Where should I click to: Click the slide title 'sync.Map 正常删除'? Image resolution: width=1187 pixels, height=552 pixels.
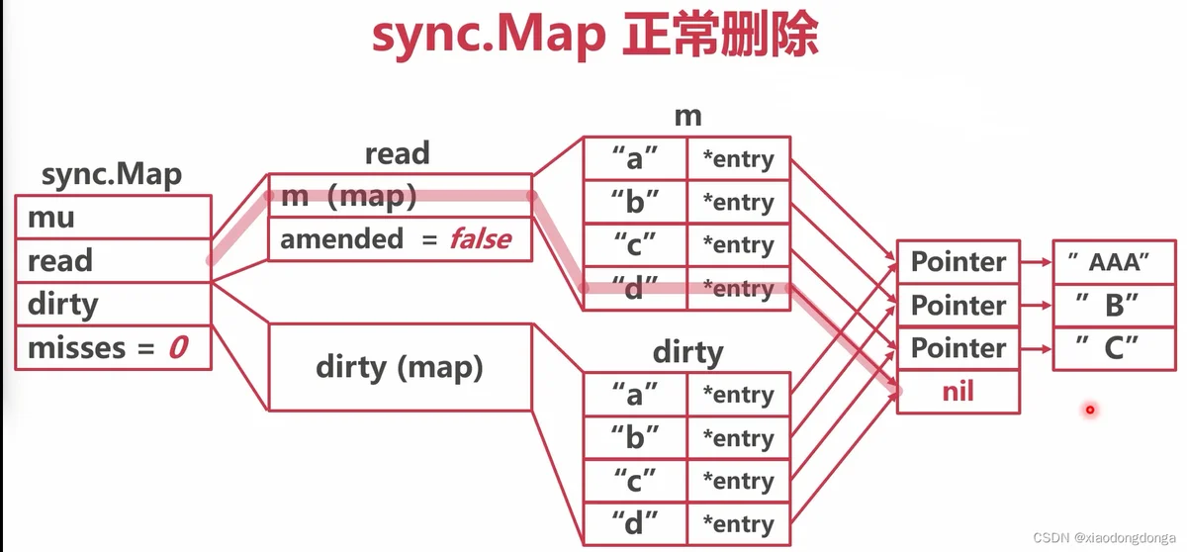(x=595, y=35)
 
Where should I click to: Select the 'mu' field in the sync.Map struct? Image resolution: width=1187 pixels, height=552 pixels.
(x=114, y=218)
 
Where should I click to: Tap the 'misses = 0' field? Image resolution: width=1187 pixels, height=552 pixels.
(x=114, y=347)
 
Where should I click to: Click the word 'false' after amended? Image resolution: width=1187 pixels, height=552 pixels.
(x=481, y=239)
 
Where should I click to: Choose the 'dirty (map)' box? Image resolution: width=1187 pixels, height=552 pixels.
(x=400, y=367)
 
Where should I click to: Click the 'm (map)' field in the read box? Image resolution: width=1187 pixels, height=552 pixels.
(x=400, y=196)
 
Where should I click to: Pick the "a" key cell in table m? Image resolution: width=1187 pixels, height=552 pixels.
(x=635, y=158)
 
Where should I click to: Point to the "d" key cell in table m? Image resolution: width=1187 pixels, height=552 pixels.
(x=635, y=288)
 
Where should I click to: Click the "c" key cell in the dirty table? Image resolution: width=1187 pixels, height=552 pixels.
(x=635, y=481)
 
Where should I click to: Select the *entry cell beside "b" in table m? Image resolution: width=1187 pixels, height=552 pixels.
(x=739, y=202)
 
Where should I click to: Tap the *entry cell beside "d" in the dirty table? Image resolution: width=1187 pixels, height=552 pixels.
(x=739, y=524)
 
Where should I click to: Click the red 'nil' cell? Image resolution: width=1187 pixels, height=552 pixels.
(x=959, y=392)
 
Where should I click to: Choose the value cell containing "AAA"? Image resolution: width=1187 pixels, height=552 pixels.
(x=1115, y=262)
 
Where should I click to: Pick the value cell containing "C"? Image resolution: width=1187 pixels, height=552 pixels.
(x=1115, y=348)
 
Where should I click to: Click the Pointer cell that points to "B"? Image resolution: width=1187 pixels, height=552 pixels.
(x=959, y=305)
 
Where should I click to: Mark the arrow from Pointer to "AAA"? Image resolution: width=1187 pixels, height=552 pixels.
(x=1037, y=262)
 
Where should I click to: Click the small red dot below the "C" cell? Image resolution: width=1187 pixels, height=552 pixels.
(x=1090, y=410)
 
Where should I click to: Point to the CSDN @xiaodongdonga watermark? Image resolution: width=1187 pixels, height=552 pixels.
(x=1104, y=538)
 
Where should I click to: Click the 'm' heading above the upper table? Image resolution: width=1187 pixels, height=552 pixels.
(x=687, y=117)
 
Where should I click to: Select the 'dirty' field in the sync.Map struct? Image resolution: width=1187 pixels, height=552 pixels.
(x=114, y=304)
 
